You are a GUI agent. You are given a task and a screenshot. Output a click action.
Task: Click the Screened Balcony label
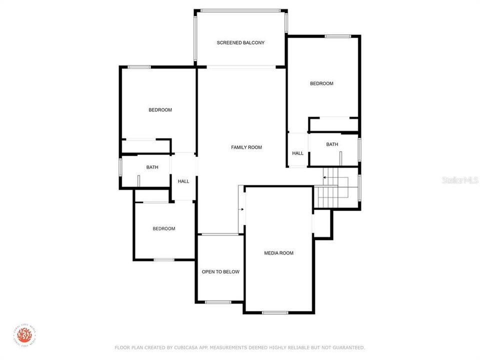click(240, 43)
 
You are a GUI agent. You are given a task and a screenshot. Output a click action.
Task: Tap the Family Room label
click(246, 147)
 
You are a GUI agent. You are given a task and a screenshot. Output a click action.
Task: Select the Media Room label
click(278, 253)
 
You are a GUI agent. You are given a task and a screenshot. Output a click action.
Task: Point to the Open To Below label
click(220, 272)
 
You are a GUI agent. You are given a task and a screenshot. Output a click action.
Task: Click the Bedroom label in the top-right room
click(321, 84)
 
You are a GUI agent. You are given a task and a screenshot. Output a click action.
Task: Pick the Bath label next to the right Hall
click(332, 144)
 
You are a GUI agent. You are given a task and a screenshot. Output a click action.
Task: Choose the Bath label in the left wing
click(152, 167)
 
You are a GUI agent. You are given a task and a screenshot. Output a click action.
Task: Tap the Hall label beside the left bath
click(183, 181)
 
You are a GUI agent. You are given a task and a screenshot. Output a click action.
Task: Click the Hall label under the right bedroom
click(297, 153)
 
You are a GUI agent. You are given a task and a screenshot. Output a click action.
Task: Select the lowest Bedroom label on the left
click(164, 229)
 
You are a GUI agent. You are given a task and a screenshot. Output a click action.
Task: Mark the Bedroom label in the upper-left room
click(160, 110)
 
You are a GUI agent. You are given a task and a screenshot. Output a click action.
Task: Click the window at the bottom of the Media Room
click(275, 313)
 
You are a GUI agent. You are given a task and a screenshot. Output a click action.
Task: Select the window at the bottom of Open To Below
click(218, 302)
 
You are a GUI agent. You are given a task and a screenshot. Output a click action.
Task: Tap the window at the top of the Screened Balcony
click(240, 10)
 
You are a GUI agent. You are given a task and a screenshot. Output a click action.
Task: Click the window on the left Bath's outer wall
click(120, 167)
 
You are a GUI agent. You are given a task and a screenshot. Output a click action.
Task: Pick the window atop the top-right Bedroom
click(337, 36)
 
